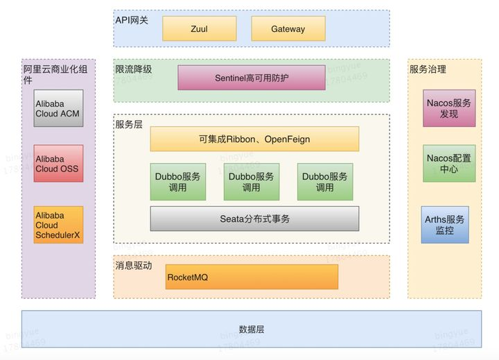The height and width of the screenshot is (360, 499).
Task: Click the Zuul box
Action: point(199,29)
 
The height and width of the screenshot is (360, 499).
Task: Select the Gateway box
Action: point(288,29)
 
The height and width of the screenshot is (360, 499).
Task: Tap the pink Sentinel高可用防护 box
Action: point(252,78)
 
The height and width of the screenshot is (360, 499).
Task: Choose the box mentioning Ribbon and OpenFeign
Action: point(254,139)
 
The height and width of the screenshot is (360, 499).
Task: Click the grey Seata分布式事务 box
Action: point(254,218)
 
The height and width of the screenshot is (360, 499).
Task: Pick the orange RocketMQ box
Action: point(251,277)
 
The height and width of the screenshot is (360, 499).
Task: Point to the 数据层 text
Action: point(251,329)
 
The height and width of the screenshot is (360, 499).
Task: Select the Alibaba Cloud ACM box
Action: point(59,108)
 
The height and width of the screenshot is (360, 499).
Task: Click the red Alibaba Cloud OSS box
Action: point(59,164)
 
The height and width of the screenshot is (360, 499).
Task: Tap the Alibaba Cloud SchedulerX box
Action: point(59,225)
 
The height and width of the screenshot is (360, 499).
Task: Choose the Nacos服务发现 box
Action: point(449,108)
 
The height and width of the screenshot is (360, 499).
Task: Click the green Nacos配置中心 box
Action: point(449,164)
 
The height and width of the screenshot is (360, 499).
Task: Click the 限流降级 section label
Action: point(134,69)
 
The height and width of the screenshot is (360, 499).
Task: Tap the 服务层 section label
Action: point(129,124)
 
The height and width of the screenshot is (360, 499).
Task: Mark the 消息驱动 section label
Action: point(133,265)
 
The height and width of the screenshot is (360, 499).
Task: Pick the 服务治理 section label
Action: point(428,69)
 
